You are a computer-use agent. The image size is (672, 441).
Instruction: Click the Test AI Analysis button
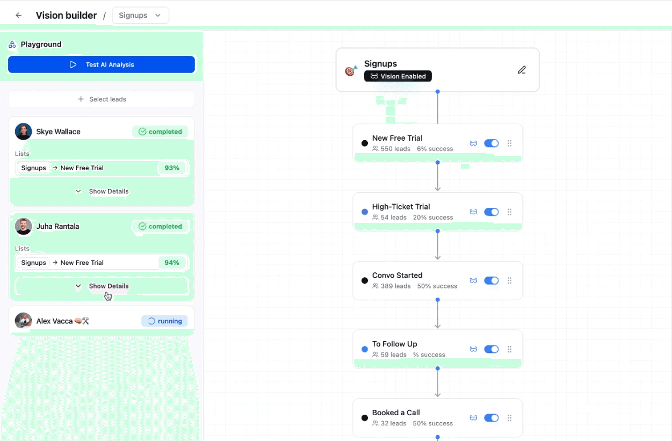coord(102,64)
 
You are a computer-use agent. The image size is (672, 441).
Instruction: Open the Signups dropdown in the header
coord(140,16)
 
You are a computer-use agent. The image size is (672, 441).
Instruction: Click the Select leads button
coord(102,99)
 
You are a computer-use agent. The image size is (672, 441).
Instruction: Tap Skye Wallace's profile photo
coord(23,132)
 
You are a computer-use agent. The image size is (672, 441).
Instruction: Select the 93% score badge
coord(172,168)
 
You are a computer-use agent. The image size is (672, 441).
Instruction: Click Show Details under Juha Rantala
coord(102,286)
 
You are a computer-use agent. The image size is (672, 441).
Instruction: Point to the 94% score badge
coord(172,263)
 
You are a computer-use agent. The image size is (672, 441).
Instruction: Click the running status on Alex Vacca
coord(164,321)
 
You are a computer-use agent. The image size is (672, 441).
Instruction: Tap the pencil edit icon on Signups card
coord(522,70)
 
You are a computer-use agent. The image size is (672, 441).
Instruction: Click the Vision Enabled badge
coord(398,76)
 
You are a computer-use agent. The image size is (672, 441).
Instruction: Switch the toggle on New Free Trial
coord(492,143)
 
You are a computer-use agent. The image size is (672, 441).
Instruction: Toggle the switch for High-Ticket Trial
coord(492,212)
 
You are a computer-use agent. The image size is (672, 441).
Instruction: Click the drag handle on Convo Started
coord(510,280)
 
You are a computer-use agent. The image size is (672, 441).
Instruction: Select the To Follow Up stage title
coord(394,344)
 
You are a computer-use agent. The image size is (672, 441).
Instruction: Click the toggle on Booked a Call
coord(492,418)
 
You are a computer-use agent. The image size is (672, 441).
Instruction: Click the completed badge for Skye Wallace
coord(160,132)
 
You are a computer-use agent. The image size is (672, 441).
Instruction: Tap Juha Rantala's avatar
coord(23,227)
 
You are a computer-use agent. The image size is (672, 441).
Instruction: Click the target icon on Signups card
coord(351,70)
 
